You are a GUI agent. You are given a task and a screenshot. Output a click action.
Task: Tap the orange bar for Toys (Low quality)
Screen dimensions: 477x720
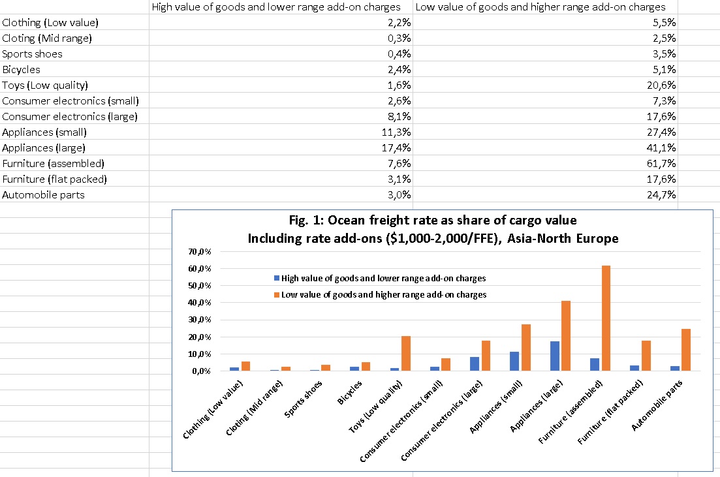(406, 353)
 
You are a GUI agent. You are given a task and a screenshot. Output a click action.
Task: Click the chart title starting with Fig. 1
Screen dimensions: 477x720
(433, 228)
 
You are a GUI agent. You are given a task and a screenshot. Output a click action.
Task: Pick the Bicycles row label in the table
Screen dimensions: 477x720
(22, 69)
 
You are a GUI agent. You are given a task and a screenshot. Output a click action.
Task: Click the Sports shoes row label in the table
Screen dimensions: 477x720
(33, 54)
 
